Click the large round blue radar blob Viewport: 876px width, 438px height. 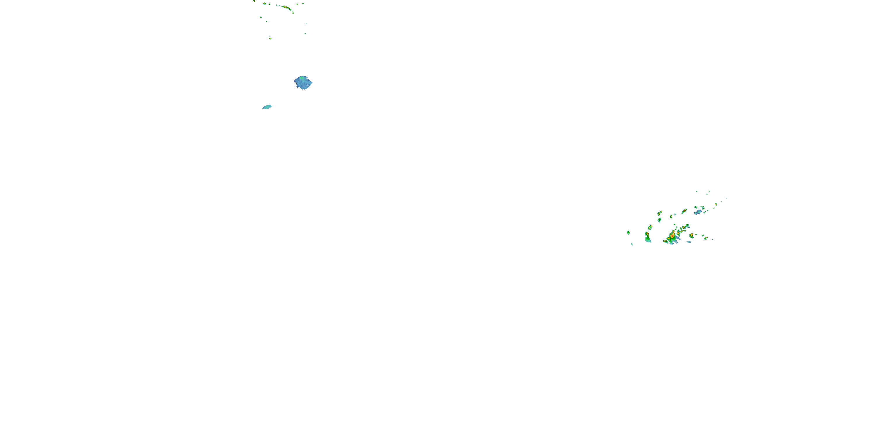[303, 83]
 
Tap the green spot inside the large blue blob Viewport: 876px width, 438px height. [301, 78]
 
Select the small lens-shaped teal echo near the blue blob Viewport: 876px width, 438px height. [267, 107]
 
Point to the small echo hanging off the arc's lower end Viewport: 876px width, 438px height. [293, 13]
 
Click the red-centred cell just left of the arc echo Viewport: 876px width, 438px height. [265, 4]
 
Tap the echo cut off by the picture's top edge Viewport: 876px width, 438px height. [254, 1]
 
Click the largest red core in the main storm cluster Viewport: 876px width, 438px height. [672, 235]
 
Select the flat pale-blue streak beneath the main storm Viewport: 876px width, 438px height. [689, 242]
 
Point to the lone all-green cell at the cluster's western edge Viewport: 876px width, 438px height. [628, 232]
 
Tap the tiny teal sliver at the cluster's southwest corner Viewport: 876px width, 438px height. [632, 244]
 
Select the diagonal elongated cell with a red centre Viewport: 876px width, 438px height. [684, 211]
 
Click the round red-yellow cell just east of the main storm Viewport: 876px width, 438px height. [691, 235]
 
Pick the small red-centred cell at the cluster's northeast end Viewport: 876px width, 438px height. [715, 204]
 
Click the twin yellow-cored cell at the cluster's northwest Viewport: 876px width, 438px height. [660, 213]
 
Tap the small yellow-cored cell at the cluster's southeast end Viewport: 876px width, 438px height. [706, 238]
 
